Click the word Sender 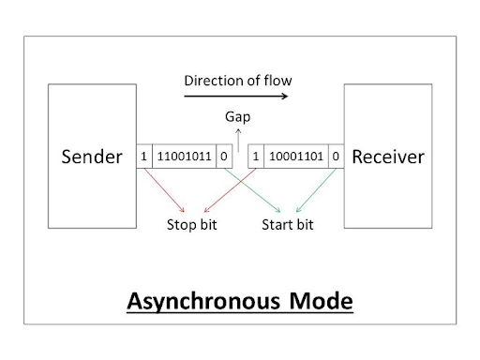click(92, 157)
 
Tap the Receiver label click(387, 157)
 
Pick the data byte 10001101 click(297, 157)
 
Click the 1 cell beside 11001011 click(143, 157)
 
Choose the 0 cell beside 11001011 click(224, 157)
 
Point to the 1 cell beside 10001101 click(256, 157)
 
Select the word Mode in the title click(318, 303)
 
